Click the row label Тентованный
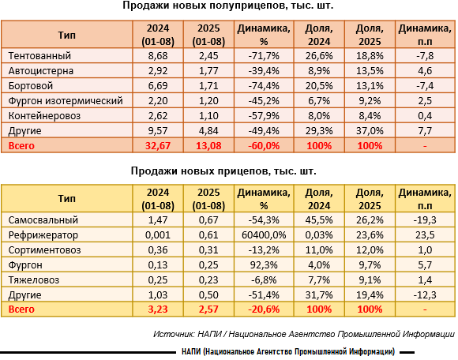point(39,56)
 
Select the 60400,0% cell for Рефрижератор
point(264,235)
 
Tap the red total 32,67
point(158,146)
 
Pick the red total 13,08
point(208,146)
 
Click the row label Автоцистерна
point(40,71)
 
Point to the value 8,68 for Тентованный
point(158,56)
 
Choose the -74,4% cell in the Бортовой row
point(264,86)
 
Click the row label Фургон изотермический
point(66,101)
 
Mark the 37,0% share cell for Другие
point(370,131)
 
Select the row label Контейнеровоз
point(44,116)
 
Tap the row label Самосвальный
point(43,219)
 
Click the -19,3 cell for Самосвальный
point(425,219)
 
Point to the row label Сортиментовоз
point(44,250)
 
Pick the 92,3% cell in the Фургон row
point(264,265)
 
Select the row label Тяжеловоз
point(34,280)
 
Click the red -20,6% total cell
point(264,309)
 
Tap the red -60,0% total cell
point(264,146)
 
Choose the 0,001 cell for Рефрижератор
point(158,235)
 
